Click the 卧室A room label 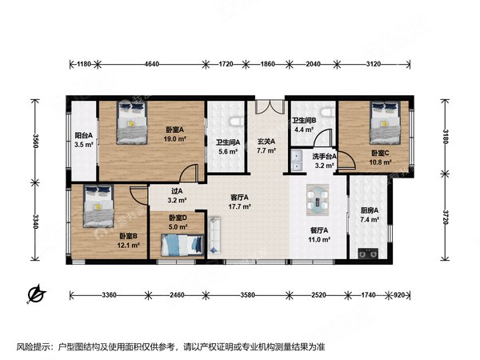(175, 130)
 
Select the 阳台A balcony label (83, 136)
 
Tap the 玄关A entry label (266, 142)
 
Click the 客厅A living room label (238, 197)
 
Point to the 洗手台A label (323, 158)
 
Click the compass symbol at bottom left (36, 295)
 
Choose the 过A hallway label (178, 192)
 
